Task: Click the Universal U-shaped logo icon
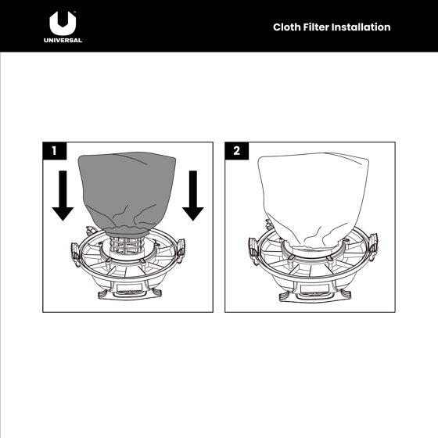pyautogui.click(x=63, y=23)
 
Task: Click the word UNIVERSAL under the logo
pyautogui.click(x=63, y=40)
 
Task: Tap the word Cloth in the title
pyautogui.click(x=286, y=27)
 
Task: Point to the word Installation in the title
pyautogui.click(x=361, y=27)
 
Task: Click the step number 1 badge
pyautogui.click(x=55, y=151)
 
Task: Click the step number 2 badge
pyautogui.click(x=236, y=151)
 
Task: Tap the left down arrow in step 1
pyautogui.click(x=63, y=196)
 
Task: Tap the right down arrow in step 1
pyautogui.click(x=193, y=196)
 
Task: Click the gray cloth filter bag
pyautogui.click(x=127, y=192)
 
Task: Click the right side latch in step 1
pyautogui.click(x=181, y=248)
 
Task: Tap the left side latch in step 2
pyautogui.click(x=253, y=250)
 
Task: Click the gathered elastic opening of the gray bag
pyautogui.click(x=127, y=231)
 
